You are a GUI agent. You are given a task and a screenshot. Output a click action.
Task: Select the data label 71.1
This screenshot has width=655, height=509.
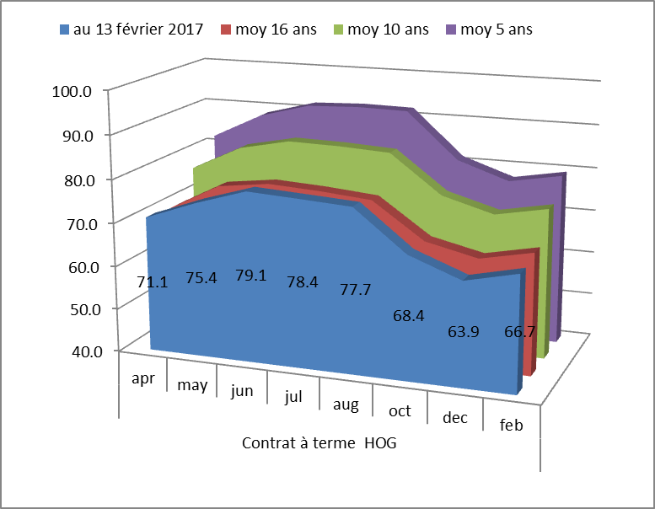[152, 282]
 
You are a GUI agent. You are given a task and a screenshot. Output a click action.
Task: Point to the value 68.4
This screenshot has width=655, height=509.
[409, 315]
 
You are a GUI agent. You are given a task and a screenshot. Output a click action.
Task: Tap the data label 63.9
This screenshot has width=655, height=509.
[463, 331]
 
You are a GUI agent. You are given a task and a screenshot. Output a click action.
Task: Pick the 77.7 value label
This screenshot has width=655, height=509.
[354, 289]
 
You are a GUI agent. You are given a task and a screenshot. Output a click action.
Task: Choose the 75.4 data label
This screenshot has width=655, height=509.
[201, 277]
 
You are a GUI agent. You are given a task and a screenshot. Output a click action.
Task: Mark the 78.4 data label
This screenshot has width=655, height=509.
[303, 282]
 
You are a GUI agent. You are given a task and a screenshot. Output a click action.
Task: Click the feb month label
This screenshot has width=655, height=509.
[511, 426]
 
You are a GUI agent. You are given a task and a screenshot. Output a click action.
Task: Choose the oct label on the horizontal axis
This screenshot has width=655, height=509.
[400, 410]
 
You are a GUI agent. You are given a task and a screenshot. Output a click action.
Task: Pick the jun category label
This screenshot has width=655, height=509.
[242, 391]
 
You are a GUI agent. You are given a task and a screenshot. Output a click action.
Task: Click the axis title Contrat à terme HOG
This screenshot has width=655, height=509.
[319, 443]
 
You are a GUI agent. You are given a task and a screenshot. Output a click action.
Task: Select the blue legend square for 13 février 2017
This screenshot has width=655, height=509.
[65, 29]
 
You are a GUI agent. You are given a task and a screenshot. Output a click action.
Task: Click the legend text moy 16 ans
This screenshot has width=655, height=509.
[276, 29]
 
